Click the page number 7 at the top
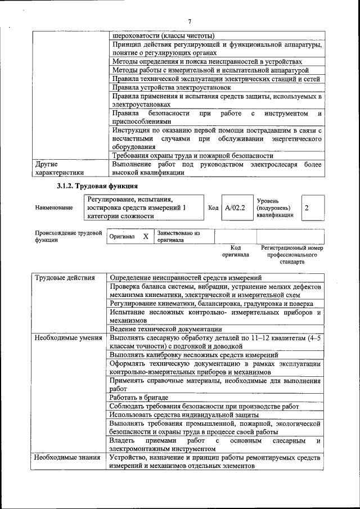coord(190,21)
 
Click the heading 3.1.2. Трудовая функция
coord(97,186)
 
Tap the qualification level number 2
coord(307,208)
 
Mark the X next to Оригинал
coord(146,237)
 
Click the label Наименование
coord(54,208)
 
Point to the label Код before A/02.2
coord(213,208)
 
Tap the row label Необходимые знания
coord(67,458)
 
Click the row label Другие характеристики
coord(59,169)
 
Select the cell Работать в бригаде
coord(139,398)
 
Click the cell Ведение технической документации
coord(165,329)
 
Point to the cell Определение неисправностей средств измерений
coord(186,278)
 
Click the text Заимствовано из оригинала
coord(178,236)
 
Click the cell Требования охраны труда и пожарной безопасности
coord(192,156)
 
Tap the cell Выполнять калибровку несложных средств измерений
coord(194,355)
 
